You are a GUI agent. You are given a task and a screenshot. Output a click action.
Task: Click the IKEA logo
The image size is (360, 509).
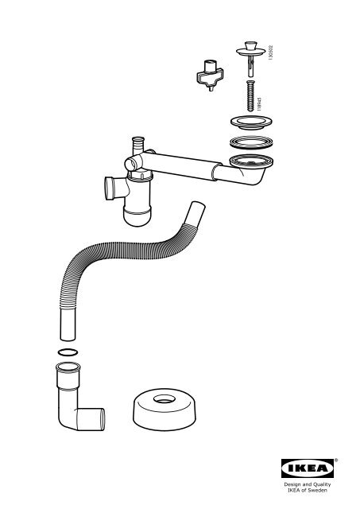(x=307, y=468)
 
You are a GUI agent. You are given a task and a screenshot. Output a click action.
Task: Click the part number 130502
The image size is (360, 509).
(x=271, y=52)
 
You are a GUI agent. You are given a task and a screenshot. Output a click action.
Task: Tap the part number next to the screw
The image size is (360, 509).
(x=259, y=104)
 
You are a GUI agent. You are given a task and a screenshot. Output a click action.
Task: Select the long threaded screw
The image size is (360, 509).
(x=250, y=96)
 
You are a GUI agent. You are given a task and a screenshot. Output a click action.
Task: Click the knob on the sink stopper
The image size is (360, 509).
(x=250, y=45)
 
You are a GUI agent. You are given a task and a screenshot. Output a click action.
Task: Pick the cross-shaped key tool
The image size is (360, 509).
(x=210, y=76)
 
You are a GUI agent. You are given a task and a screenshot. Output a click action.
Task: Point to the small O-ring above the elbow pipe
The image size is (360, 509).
(x=68, y=352)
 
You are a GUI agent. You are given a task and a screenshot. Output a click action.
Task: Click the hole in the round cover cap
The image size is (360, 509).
(x=165, y=399)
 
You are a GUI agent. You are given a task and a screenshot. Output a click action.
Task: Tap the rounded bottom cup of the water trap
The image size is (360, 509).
(x=137, y=216)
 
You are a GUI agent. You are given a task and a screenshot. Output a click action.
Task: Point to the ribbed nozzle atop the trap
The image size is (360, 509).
(x=137, y=145)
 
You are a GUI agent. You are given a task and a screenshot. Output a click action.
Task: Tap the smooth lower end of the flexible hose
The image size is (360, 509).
(x=68, y=324)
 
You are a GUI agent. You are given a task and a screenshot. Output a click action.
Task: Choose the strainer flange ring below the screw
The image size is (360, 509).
(x=251, y=122)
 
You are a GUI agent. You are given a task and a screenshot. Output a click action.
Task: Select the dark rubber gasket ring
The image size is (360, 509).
(x=251, y=142)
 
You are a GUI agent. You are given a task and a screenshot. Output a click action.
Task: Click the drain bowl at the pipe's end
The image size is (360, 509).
(x=252, y=165)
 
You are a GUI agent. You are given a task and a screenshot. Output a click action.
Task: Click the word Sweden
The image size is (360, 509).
(x=318, y=490)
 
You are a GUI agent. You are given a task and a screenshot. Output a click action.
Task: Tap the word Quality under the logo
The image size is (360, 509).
(x=322, y=484)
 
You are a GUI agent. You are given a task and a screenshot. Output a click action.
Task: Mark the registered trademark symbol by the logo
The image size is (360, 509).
(x=336, y=460)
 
